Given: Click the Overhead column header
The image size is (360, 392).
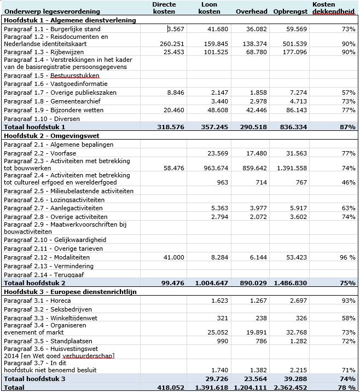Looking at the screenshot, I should (x=251, y=11).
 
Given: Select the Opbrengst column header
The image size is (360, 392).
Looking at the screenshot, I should (x=290, y=11).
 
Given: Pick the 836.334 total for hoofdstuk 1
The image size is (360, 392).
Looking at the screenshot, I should (x=292, y=127).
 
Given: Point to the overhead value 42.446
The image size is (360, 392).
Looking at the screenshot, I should (x=256, y=110).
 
